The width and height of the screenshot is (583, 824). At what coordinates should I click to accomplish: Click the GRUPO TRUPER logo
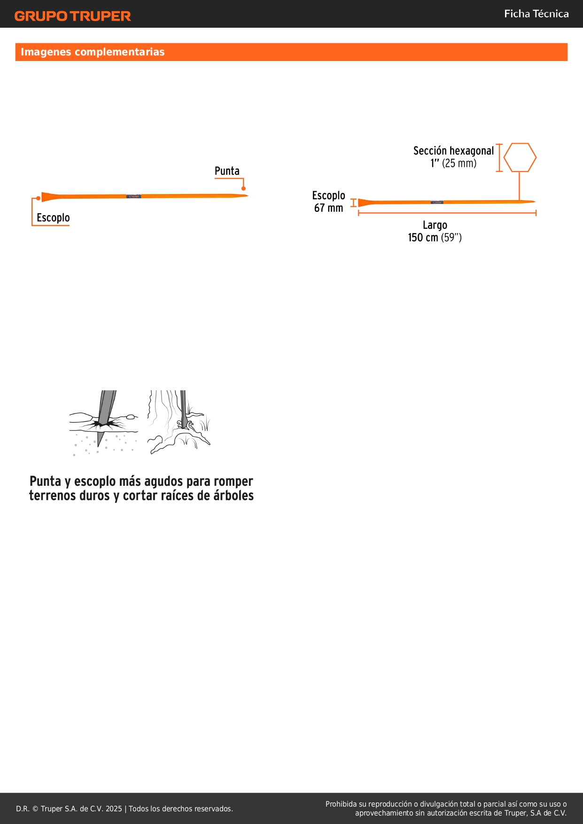tap(73, 16)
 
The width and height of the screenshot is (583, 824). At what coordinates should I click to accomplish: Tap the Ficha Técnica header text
tap(536, 14)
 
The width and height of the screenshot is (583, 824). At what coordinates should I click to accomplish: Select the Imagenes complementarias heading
tap(93, 52)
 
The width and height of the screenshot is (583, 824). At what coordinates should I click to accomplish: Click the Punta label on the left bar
tap(227, 171)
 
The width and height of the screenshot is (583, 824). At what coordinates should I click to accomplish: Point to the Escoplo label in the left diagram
tap(53, 218)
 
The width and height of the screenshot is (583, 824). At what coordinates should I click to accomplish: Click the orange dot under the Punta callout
tap(243, 188)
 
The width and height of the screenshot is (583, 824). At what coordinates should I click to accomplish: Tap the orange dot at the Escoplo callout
tap(39, 198)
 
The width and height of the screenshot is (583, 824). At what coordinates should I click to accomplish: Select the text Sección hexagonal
tap(453, 151)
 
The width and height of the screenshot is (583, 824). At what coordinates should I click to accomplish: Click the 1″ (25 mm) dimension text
tap(453, 163)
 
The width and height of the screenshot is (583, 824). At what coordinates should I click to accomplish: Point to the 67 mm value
tap(328, 208)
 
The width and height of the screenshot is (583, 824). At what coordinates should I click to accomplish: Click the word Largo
tap(435, 225)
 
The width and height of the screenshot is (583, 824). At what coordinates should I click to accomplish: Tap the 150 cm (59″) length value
tap(435, 238)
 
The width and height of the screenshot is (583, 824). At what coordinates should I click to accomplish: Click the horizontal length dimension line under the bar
tap(447, 213)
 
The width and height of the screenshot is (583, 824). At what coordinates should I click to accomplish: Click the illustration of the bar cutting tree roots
tap(179, 422)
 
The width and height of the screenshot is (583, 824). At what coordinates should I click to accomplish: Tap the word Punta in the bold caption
tap(45, 482)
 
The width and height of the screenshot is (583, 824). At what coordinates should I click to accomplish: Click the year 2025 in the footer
tap(114, 808)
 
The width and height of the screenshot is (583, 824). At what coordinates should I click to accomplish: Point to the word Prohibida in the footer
tap(341, 804)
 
